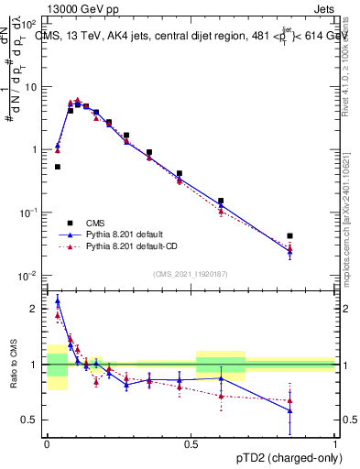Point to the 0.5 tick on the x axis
191,442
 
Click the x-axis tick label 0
48,442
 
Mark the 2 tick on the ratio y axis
34,310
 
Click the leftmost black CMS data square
58,167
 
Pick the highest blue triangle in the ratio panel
58,300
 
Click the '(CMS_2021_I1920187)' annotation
191,272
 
